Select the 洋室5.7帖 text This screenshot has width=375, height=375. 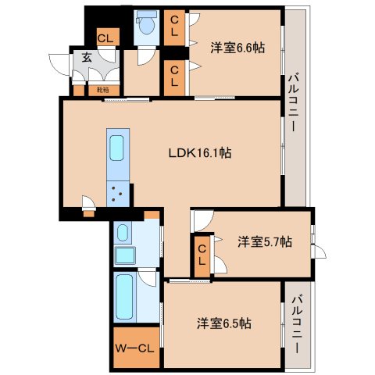[x=265, y=242]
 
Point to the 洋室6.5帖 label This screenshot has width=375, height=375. [x=223, y=322]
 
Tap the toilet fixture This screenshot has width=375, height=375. [x=145, y=28]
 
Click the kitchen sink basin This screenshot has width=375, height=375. [x=116, y=148]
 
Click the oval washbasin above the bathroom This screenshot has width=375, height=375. [x=123, y=232]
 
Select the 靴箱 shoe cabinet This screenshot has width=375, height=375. [x=102, y=90]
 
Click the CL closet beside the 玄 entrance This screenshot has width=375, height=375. [x=103, y=37]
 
